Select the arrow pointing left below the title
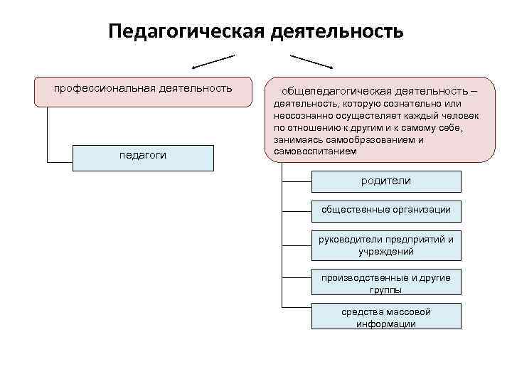(x=213, y=60)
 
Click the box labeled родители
(x=386, y=181)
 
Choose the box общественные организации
(x=386, y=210)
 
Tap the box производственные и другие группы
(x=386, y=282)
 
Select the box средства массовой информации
(x=386, y=316)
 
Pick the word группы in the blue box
(x=385, y=289)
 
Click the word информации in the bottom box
(x=386, y=324)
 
